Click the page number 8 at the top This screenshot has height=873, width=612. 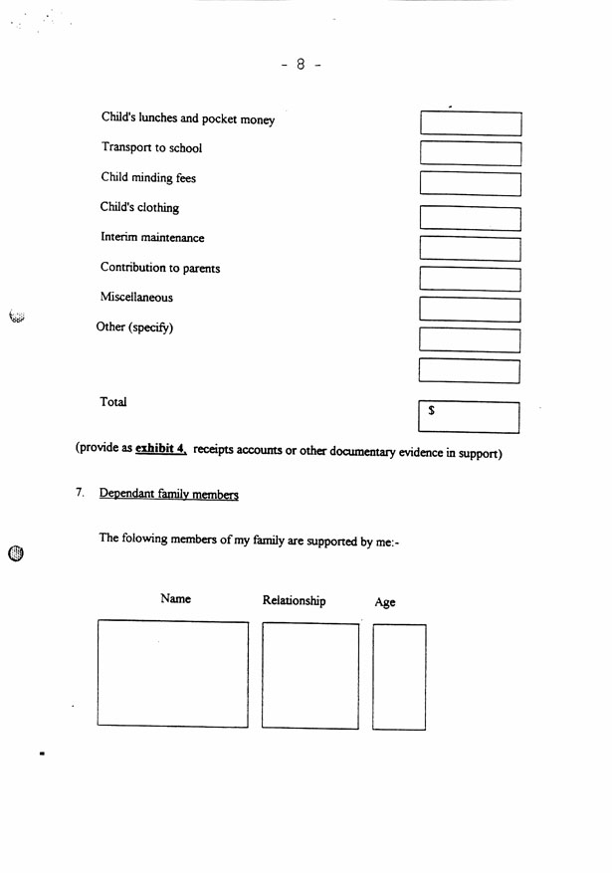(x=301, y=64)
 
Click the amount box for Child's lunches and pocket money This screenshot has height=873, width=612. (x=471, y=123)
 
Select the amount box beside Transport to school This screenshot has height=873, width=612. (x=471, y=153)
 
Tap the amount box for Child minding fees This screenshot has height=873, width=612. (x=471, y=184)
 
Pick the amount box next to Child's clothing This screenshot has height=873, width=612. (x=471, y=218)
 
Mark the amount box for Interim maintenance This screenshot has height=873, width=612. (x=471, y=249)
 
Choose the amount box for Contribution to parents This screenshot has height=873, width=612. (x=471, y=280)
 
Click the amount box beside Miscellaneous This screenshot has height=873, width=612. (x=471, y=310)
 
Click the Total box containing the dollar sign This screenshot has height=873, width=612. (x=470, y=416)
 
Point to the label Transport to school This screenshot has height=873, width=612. (x=151, y=148)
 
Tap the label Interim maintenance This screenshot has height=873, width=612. (x=152, y=238)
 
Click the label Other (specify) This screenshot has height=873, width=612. (x=134, y=327)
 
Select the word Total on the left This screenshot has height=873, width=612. (x=113, y=402)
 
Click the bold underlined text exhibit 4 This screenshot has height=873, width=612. (x=161, y=449)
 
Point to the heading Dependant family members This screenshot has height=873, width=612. (x=168, y=495)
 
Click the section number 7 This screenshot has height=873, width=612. (x=80, y=493)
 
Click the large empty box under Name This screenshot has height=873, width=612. (x=173, y=674)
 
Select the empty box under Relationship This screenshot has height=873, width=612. (x=310, y=675)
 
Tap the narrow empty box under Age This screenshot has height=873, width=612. (x=399, y=677)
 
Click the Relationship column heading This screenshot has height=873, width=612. (x=294, y=601)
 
